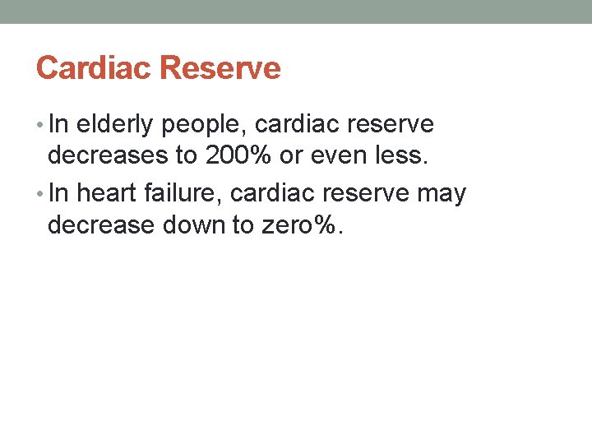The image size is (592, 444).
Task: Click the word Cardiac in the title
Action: (x=90, y=67)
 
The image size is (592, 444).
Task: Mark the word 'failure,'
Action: (x=185, y=194)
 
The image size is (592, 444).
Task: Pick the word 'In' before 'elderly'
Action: (x=59, y=125)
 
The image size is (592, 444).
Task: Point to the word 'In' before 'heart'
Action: (x=59, y=194)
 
